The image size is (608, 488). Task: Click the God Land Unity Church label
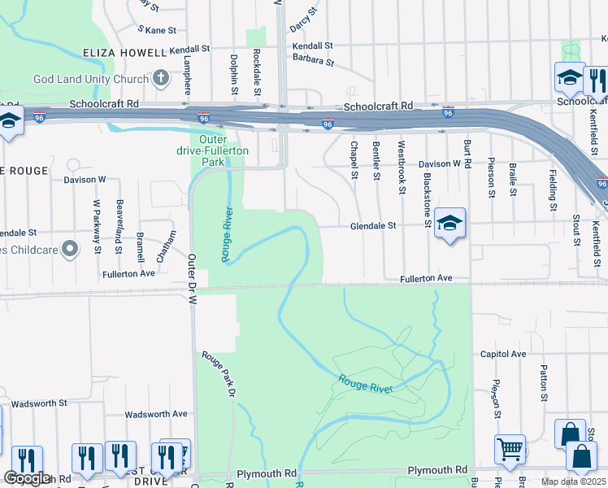click(x=89, y=79)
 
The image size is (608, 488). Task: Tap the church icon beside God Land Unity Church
click(x=161, y=78)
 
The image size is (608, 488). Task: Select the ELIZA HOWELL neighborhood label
click(x=124, y=53)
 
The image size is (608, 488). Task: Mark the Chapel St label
click(x=354, y=160)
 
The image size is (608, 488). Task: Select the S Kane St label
click(x=157, y=30)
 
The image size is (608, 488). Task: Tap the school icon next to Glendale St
click(x=449, y=224)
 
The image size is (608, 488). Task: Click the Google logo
click(x=28, y=478)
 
